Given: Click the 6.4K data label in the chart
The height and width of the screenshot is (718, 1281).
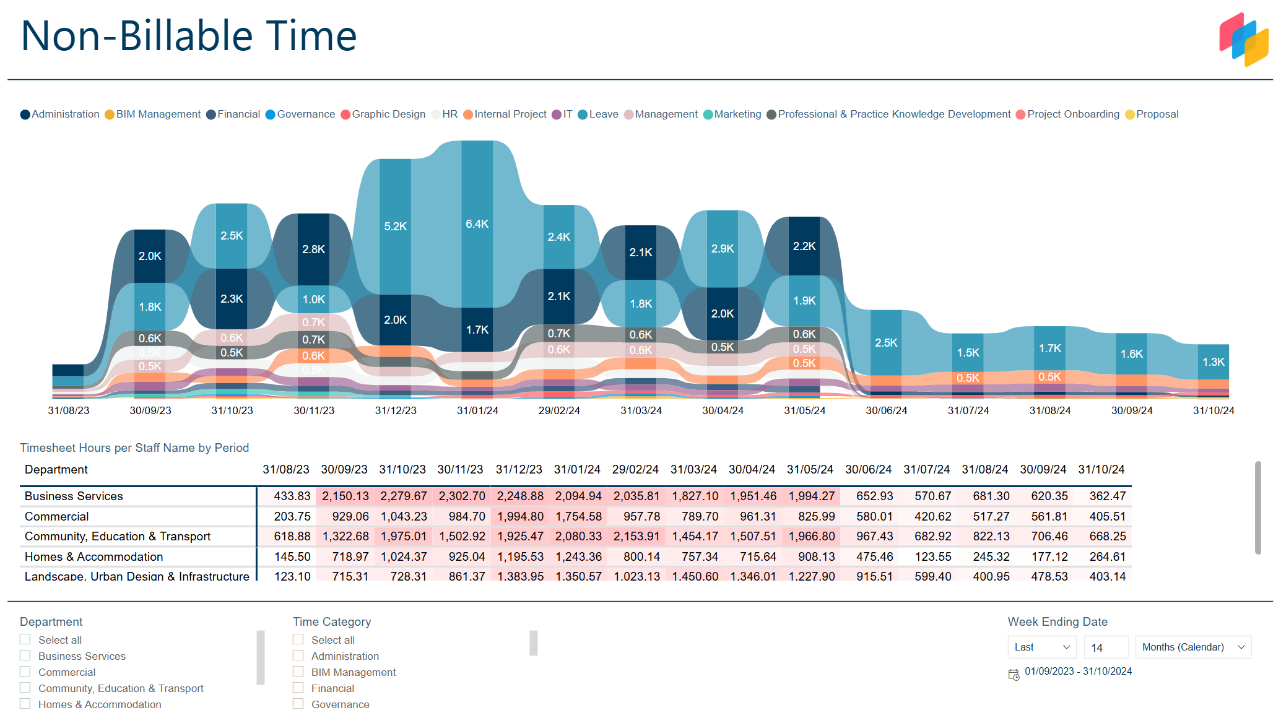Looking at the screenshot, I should [477, 224].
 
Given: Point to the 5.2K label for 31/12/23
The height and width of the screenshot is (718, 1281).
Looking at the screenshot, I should [395, 227].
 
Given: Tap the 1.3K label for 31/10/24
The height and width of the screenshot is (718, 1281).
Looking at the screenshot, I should [1213, 362].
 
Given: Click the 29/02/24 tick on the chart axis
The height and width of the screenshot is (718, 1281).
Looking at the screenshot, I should [558, 410].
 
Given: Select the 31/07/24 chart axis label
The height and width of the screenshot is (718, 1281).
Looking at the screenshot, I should [968, 410].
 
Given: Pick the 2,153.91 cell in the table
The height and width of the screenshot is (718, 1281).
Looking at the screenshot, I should [636, 537].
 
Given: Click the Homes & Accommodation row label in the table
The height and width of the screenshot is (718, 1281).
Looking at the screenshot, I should [93, 557].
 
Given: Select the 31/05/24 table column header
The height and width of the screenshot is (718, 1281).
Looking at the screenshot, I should [809, 470].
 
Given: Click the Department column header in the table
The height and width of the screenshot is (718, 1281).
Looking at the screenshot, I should [56, 470].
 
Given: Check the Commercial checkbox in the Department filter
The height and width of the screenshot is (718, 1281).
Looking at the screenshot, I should [25, 672].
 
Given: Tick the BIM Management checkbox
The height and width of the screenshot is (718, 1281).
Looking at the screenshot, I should [298, 672].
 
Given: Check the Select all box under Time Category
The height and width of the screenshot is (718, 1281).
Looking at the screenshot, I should [298, 639].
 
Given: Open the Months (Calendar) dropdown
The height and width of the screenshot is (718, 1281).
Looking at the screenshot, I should [1192, 647].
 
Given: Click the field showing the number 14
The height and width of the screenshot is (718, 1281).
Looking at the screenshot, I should [1106, 647].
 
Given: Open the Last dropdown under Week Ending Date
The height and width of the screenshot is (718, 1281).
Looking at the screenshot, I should [1041, 647].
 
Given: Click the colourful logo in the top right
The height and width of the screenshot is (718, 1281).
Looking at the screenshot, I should [1243, 39].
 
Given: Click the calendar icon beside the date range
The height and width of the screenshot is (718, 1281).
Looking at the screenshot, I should [1014, 675].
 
